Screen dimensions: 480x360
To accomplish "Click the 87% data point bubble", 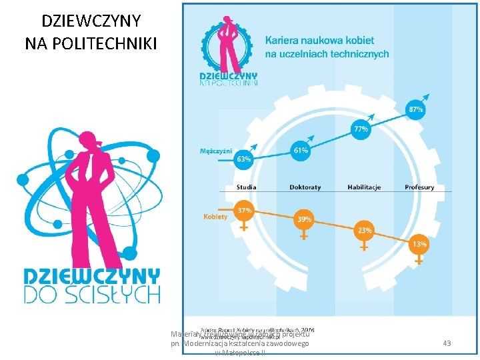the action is click(415, 108).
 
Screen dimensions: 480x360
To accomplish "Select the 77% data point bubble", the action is click(361, 129).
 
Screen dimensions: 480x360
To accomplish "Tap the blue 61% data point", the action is click(301, 151).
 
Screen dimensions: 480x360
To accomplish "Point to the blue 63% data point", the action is click(243, 159).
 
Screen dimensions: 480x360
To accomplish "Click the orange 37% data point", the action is click(245, 211).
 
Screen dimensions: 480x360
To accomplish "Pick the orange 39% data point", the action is click(304, 219).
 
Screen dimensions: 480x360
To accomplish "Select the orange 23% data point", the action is click(364, 231).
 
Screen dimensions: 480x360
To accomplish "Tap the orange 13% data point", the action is click(419, 245).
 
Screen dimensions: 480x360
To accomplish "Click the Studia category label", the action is click(246, 187).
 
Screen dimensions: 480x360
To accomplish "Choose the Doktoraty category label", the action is click(305, 187).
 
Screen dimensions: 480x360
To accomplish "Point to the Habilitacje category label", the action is click(364, 187).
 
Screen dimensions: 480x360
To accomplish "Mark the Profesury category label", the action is click(419, 187).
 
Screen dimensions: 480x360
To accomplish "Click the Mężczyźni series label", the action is click(216, 151).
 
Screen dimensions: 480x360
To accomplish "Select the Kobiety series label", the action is click(215, 216).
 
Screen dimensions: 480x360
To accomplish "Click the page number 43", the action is click(447, 343).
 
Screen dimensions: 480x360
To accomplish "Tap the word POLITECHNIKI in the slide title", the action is click(91, 44).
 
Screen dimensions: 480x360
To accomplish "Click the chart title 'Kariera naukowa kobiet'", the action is click(320, 40).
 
